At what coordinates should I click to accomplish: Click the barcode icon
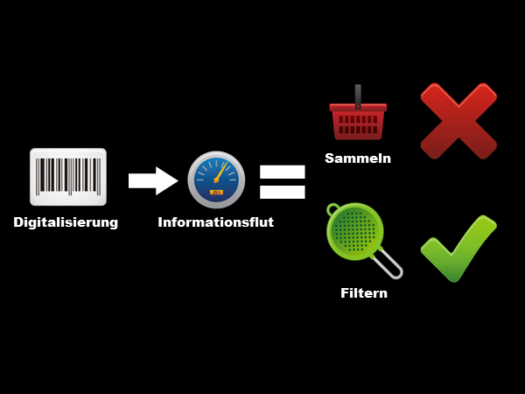tap(67, 176)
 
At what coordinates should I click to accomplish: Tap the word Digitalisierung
tap(66, 222)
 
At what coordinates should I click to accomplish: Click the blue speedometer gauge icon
tap(216, 179)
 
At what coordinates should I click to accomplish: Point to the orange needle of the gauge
tap(220, 171)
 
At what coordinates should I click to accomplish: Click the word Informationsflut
tap(215, 222)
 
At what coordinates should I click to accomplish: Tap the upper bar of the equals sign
tap(282, 171)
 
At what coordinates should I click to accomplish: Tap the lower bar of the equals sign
tap(282, 191)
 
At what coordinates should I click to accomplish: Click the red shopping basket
tap(357, 121)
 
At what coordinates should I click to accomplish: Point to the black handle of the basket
tap(358, 95)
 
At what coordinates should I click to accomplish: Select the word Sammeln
tap(357, 158)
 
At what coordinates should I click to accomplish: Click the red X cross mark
tap(458, 120)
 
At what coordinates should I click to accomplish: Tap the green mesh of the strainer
tap(353, 231)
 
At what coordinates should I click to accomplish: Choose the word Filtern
tap(363, 293)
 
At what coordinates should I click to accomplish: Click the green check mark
tap(458, 249)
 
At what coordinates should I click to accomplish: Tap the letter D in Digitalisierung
tap(19, 222)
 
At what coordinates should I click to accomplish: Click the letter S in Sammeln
tap(330, 158)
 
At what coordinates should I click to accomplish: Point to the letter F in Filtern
tap(345, 293)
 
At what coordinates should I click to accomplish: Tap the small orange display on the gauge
tap(216, 192)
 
